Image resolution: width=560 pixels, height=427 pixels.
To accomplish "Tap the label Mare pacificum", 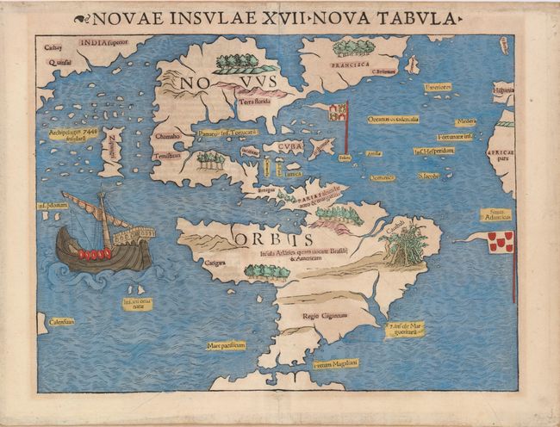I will (x=227, y=345).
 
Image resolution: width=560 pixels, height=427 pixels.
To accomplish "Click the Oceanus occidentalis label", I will (x=393, y=119).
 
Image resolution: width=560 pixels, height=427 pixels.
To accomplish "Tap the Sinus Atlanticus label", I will (x=495, y=214).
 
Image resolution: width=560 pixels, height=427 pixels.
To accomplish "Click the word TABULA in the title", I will (x=417, y=18).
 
